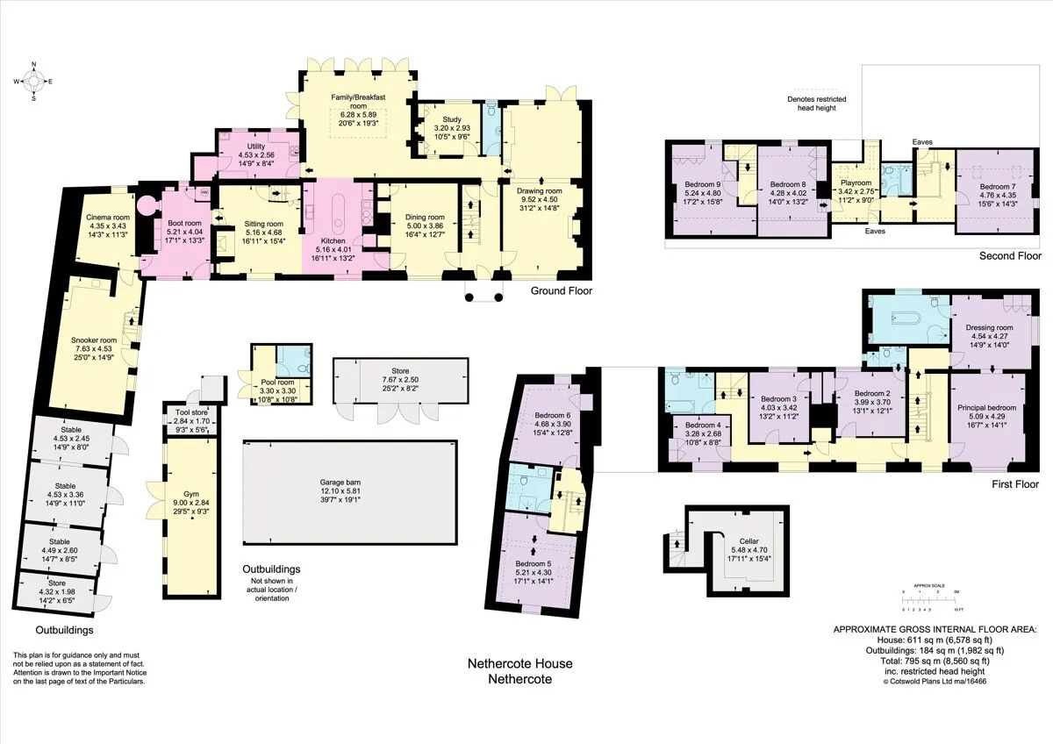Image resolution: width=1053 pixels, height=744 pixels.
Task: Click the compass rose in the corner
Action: [x=33, y=82]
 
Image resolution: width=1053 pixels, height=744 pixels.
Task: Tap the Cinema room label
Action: [x=108, y=217]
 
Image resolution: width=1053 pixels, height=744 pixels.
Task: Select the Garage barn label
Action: [x=340, y=483]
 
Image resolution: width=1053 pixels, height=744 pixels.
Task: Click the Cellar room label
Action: [x=749, y=541]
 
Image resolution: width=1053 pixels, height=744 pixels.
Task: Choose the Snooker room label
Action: [x=94, y=340]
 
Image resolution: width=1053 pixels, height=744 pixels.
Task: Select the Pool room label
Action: [x=277, y=383]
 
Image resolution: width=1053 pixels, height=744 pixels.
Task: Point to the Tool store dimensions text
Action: [x=192, y=425]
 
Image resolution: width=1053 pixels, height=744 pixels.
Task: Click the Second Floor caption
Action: [x=1010, y=255]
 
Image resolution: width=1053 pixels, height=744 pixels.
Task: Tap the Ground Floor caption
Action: [x=562, y=290]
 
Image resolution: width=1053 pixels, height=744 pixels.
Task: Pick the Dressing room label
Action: [x=989, y=327]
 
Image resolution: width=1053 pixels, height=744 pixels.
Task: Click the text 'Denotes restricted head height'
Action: [x=817, y=104]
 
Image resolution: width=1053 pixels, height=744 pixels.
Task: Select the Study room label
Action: [x=452, y=119]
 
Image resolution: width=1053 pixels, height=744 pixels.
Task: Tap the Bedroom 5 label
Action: [x=534, y=563]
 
